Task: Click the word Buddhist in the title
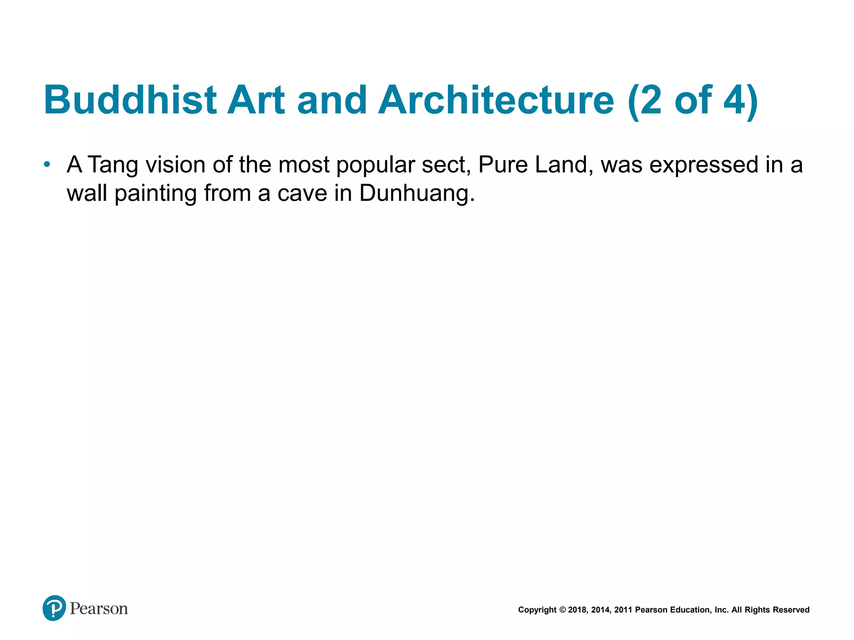pos(130,100)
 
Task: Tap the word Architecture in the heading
pos(496,100)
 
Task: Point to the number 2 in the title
pos(651,100)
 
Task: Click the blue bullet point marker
pos(47,165)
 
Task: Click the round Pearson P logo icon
pos(54,608)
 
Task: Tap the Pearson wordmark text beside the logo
pos(99,609)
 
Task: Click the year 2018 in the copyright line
pos(578,610)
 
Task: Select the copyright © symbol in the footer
pos(563,610)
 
